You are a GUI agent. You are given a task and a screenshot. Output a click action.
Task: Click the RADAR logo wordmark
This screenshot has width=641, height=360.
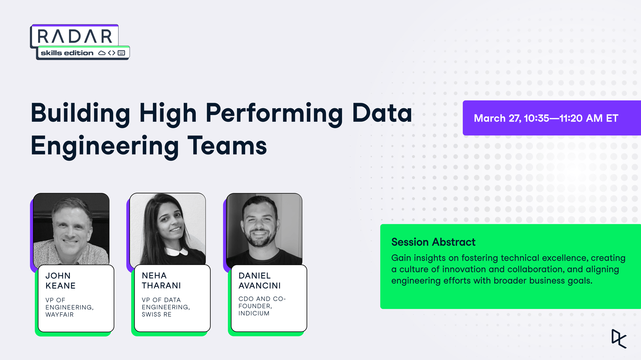[x=75, y=36]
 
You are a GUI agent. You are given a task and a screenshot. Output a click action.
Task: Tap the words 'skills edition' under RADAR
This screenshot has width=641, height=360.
[x=67, y=53]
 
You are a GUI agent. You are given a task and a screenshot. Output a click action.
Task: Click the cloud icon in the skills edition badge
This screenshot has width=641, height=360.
[x=102, y=53]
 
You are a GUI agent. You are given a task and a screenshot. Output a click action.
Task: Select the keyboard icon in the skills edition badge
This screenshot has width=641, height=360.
[x=121, y=53]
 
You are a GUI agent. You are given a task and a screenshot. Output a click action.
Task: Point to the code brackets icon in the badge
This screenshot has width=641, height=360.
[x=112, y=53]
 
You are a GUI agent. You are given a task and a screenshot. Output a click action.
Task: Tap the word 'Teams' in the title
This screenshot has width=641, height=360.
[x=227, y=146]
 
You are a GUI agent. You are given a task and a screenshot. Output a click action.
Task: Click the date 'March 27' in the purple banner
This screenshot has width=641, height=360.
[x=497, y=118]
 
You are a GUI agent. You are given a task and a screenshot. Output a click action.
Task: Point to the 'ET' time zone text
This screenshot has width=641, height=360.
[x=612, y=118]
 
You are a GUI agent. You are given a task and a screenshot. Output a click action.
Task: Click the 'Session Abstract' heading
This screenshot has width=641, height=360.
[x=433, y=242]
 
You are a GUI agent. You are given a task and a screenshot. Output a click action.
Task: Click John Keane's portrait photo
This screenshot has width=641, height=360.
[x=71, y=229]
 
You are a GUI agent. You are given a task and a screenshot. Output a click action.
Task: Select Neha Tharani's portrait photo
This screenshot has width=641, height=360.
[x=168, y=229]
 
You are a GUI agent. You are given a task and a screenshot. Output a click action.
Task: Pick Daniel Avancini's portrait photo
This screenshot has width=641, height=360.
[x=264, y=229]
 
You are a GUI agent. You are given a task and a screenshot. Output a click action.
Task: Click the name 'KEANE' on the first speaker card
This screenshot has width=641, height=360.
[x=60, y=286]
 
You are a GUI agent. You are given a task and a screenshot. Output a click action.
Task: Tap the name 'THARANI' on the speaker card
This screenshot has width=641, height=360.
[x=161, y=286]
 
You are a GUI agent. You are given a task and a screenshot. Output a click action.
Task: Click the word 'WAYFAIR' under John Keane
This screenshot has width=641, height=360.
[x=59, y=315]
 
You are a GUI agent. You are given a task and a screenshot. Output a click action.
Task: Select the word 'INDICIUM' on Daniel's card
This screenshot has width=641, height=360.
[x=254, y=313]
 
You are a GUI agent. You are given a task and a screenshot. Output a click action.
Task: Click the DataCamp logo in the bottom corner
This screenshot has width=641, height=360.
[x=619, y=339]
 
